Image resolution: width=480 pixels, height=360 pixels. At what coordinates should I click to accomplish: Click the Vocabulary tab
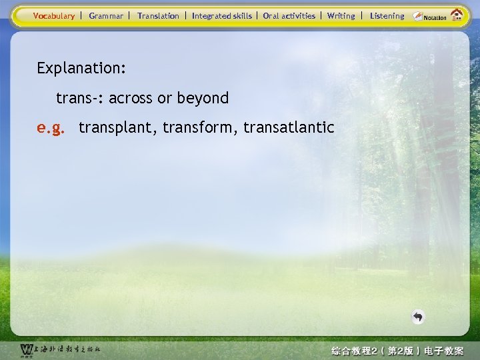coord(54,15)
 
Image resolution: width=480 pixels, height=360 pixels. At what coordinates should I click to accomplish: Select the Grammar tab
coord(106,15)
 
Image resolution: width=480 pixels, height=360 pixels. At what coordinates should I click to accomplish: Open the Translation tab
coord(158,15)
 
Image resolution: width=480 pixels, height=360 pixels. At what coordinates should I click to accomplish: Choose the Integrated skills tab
coord(222,15)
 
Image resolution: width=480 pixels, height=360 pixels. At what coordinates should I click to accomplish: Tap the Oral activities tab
coord(289,15)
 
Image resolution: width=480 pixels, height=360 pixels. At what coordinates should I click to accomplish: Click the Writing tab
coord(341,15)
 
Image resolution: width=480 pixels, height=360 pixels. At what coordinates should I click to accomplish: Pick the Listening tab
coord(387,15)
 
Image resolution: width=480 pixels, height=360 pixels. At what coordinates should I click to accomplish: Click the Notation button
coord(429,16)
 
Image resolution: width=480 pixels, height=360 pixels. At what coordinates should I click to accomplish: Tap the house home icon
coord(457,15)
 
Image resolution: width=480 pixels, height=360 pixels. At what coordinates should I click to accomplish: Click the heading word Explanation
coord(82,68)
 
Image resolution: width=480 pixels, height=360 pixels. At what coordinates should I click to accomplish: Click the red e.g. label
coord(51,127)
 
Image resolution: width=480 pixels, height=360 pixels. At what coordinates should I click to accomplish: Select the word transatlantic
coord(289,127)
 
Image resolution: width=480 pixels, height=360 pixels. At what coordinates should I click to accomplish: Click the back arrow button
coord(418,317)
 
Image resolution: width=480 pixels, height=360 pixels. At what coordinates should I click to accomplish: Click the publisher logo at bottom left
coord(60,349)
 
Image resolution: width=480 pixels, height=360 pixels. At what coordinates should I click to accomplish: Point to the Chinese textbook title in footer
coord(397,350)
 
